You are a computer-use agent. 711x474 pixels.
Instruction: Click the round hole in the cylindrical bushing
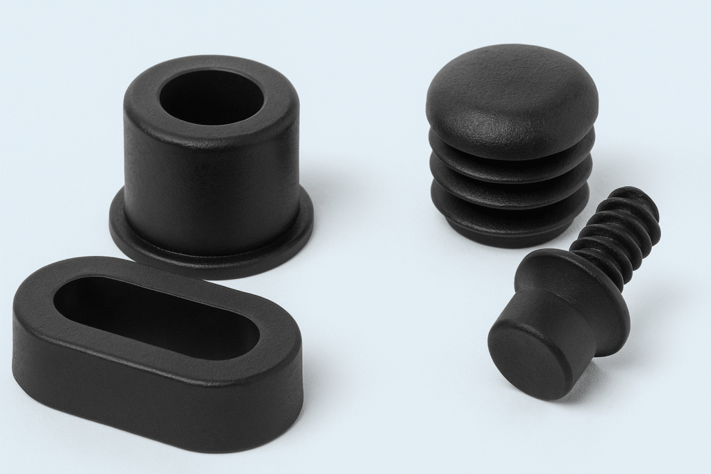(211, 97)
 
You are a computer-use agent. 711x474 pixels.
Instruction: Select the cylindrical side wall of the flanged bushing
(208, 187)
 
